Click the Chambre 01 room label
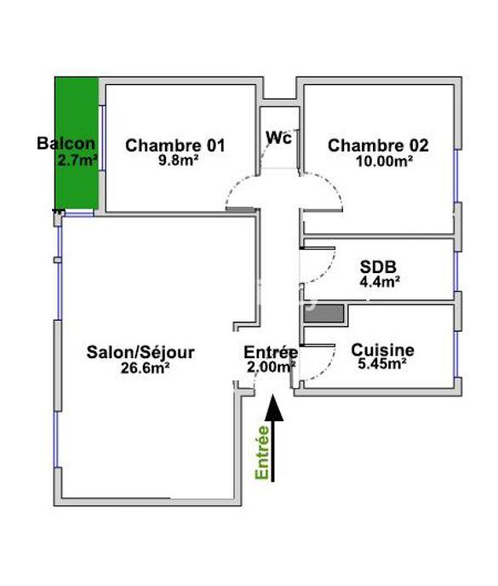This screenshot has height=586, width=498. (x=175, y=145)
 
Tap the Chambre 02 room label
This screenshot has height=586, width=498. (x=378, y=145)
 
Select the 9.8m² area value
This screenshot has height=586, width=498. (x=179, y=161)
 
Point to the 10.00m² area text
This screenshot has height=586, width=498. (x=384, y=161)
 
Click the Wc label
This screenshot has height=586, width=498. (x=278, y=138)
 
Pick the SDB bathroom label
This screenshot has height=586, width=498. (x=378, y=267)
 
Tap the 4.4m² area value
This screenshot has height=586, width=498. (x=380, y=282)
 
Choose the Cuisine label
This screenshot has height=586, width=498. (x=383, y=350)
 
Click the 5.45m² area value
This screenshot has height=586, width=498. (x=382, y=364)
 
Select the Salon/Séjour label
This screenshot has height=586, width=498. (x=140, y=352)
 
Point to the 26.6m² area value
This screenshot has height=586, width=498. (x=146, y=368)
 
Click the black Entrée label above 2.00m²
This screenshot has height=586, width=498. (x=271, y=352)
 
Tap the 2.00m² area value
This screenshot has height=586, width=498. (x=272, y=367)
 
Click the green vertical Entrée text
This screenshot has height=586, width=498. (x=262, y=452)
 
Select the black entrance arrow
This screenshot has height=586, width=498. (x=273, y=438)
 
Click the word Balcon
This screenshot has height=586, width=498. (x=66, y=144)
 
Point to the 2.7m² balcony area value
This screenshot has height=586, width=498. (x=77, y=161)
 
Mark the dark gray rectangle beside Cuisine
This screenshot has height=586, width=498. (x=323, y=314)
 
